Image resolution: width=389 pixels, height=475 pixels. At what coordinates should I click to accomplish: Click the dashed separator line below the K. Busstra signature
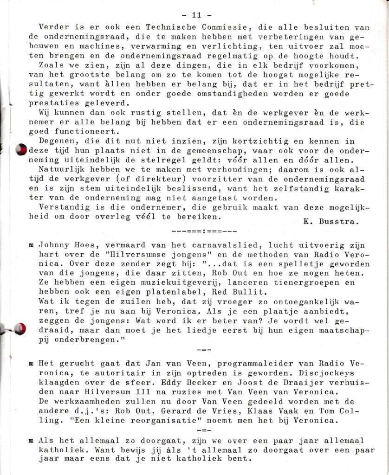(204, 231)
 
